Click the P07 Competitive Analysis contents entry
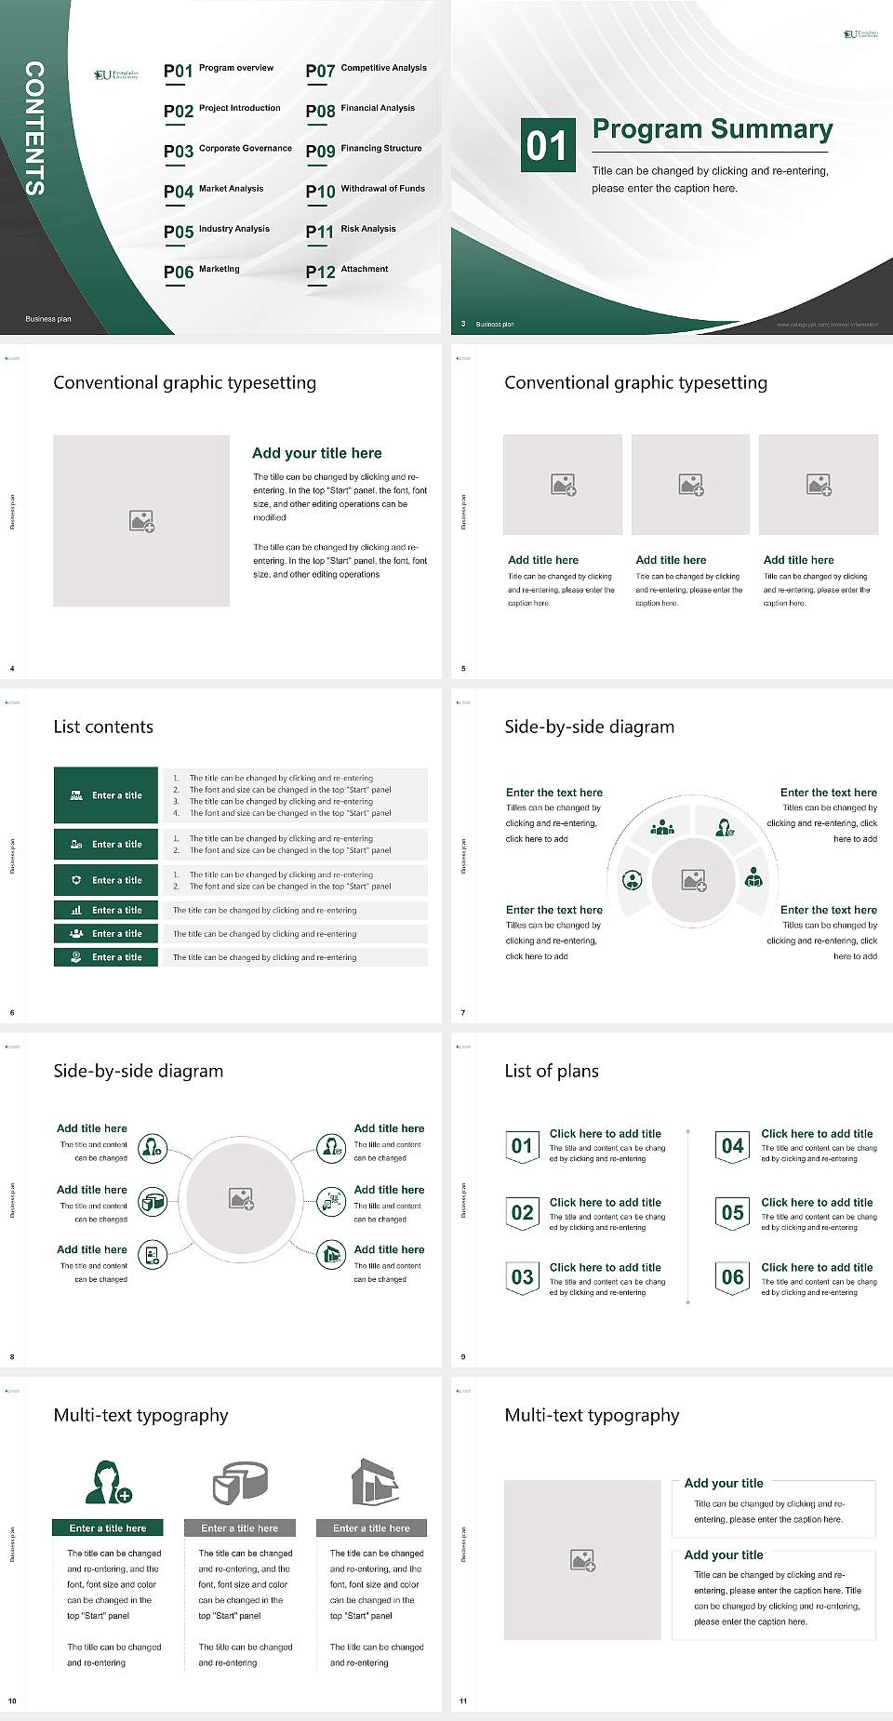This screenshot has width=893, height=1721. point(366,70)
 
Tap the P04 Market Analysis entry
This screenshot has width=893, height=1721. point(214,191)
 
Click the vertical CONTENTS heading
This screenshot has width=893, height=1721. point(33,128)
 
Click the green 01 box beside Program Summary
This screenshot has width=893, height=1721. point(546,145)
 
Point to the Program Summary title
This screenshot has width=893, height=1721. point(712,129)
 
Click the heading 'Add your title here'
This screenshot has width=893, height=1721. point(316,453)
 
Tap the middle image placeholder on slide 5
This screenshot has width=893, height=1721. point(690,485)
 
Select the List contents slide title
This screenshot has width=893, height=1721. point(103,727)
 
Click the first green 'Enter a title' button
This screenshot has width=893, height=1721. point(106,795)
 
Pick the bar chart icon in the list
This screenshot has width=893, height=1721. point(76,910)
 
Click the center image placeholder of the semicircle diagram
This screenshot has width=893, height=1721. point(693,880)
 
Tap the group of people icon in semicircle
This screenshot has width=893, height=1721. point(662,826)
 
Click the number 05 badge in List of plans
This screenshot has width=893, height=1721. point(733,1213)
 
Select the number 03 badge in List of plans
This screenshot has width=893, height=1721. point(522,1277)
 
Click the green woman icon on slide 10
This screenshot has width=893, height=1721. point(108,1483)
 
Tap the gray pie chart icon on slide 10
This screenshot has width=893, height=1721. point(240,1483)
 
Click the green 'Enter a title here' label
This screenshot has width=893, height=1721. point(108,1528)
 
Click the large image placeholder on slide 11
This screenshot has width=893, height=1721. point(582,1560)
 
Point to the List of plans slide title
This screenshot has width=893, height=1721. point(552,1071)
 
